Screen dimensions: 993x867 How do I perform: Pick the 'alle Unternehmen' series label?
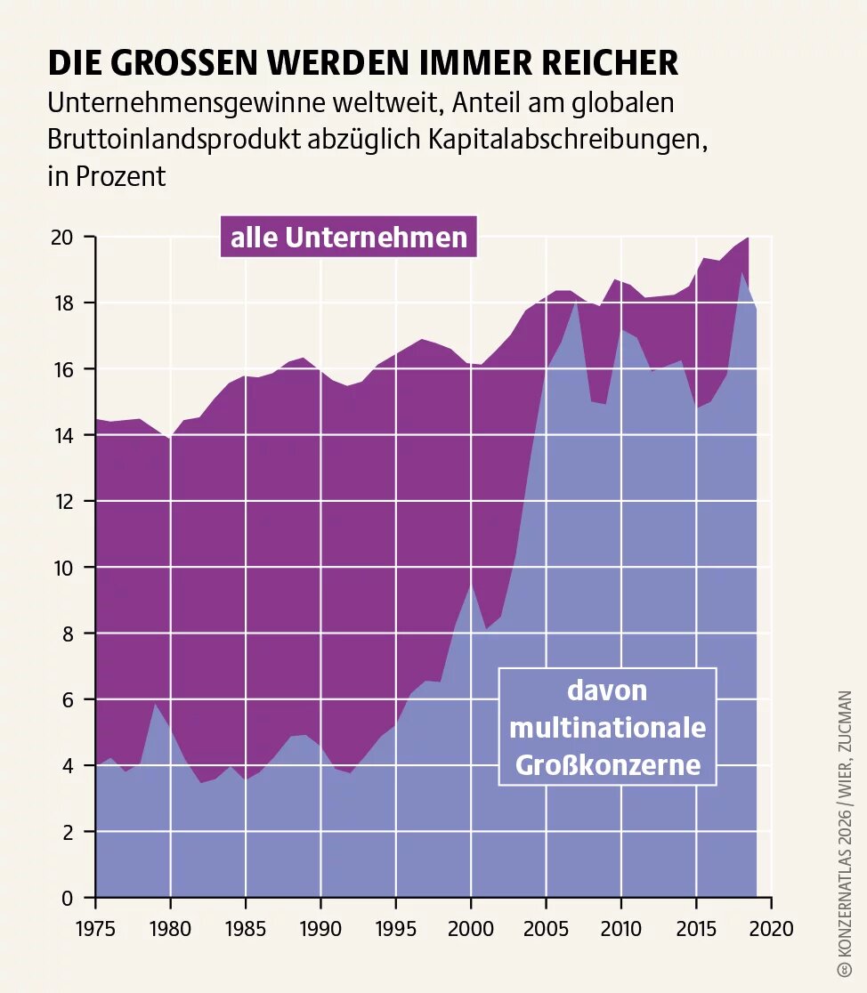click(349, 238)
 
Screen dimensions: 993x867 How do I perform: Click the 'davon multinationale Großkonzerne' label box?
click(607, 728)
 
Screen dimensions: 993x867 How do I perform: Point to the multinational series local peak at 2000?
click(471, 585)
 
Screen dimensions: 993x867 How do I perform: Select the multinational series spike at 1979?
click(156, 704)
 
